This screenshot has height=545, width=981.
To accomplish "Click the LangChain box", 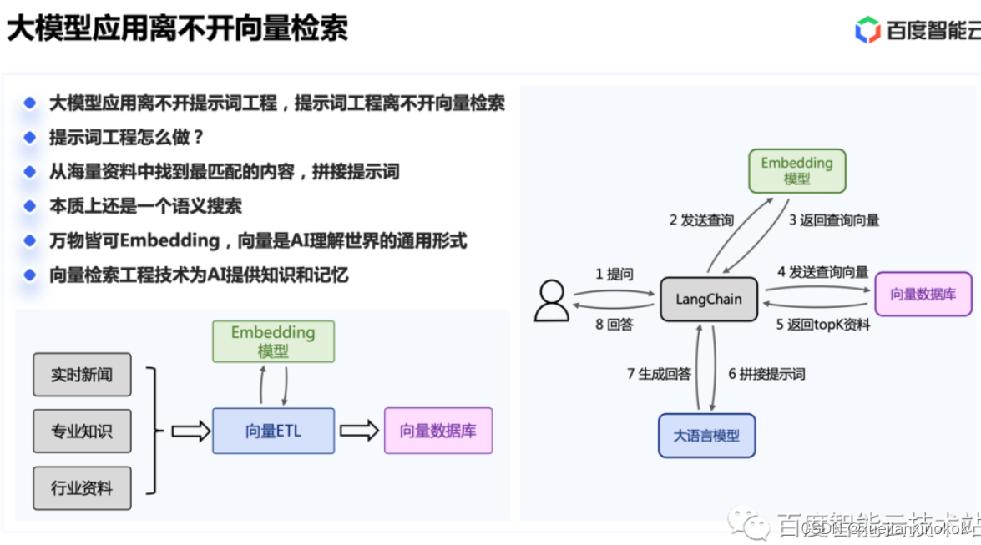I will tap(708, 300).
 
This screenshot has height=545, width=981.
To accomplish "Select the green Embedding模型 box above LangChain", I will tap(796, 171).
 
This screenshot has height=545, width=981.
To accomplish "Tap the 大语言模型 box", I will tap(706, 435).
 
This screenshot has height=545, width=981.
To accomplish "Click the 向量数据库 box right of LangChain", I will tap(923, 294).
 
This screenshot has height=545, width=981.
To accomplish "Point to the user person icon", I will tap(551, 300).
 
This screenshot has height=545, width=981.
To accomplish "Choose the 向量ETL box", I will tap(273, 431).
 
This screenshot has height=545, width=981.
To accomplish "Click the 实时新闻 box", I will tap(82, 375).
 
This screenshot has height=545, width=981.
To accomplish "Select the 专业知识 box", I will tap(82, 431).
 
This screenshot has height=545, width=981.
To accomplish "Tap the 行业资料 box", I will tap(82, 487).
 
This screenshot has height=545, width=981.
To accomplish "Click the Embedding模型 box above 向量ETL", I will tap(273, 341).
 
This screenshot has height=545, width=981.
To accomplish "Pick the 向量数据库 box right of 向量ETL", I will tap(437, 431).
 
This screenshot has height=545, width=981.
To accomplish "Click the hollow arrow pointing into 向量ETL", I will tap(190, 431).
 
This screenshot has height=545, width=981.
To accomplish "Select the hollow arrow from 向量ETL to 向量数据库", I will tap(359, 431).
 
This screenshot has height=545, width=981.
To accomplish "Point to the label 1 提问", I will tap(614, 274).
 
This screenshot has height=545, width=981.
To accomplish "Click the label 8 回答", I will tap(614, 325).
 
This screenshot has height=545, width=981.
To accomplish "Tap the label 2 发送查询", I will tap(701, 220).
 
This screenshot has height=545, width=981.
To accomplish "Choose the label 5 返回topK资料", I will tap(823, 325).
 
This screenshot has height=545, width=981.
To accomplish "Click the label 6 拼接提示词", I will tap(766, 374).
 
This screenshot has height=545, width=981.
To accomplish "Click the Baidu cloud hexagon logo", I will tap(868, 31).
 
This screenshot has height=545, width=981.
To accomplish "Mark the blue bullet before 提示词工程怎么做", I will tap(30, 137).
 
